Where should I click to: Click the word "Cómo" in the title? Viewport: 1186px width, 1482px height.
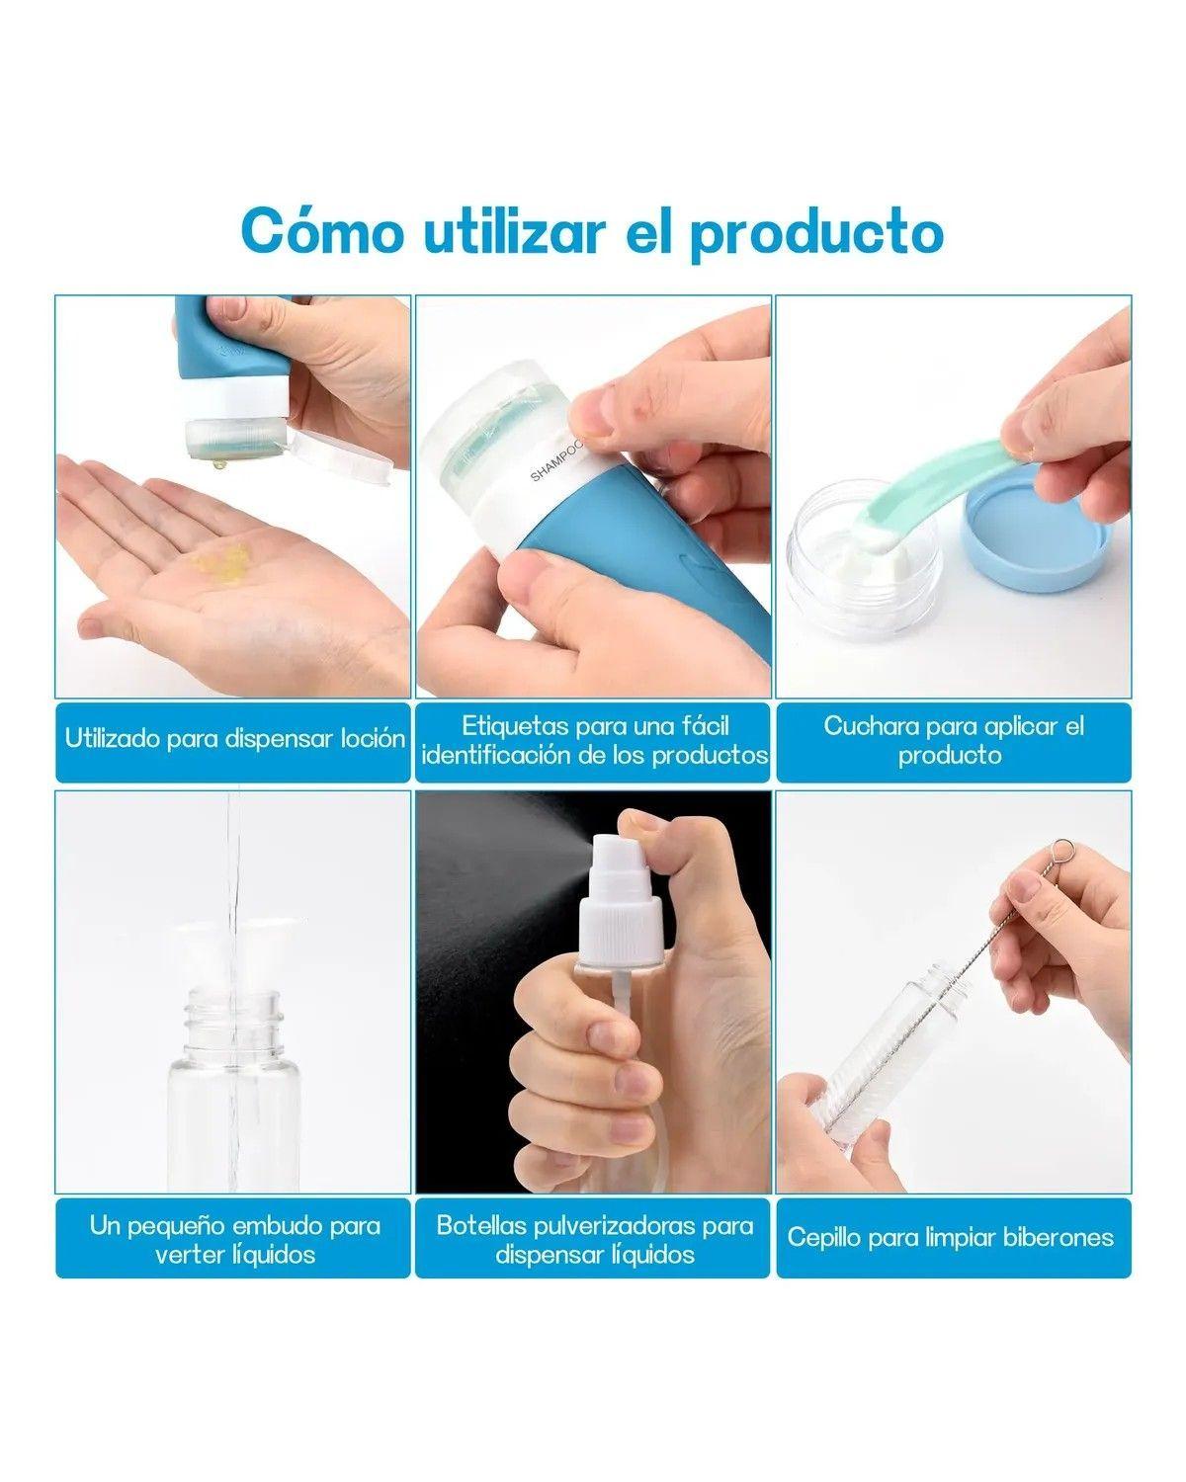coord(322,231)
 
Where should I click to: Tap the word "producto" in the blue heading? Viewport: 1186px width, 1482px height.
coord(816,235)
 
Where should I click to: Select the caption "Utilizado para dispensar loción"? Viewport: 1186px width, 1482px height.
coord(234,739)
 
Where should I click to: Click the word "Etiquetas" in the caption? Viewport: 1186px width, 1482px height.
coord(513,726)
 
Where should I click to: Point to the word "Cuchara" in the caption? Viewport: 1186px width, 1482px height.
coord(870,726)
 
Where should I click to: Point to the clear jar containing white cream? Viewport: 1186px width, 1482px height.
coord(865,559)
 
